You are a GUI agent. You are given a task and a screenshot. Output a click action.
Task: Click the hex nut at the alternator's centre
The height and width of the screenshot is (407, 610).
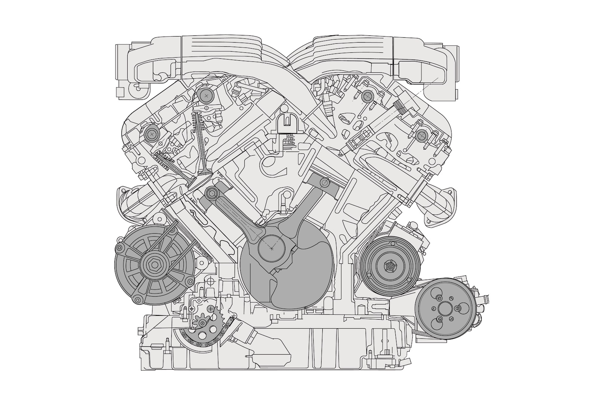154,264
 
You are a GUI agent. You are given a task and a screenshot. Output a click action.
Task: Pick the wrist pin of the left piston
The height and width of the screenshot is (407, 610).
211,194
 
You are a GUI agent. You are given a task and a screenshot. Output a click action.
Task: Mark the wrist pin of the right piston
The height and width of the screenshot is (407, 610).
323,183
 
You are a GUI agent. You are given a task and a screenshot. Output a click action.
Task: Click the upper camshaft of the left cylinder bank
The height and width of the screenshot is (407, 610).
206,96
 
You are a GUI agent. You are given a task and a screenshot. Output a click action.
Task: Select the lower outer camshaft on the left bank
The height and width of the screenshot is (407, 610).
152,133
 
